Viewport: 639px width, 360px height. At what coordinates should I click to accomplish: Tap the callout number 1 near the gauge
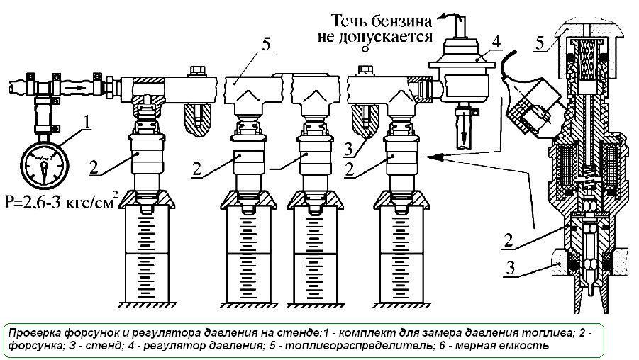click(x=86, y=121)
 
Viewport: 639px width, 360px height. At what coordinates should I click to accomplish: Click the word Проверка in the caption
click(x=36, y=332)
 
